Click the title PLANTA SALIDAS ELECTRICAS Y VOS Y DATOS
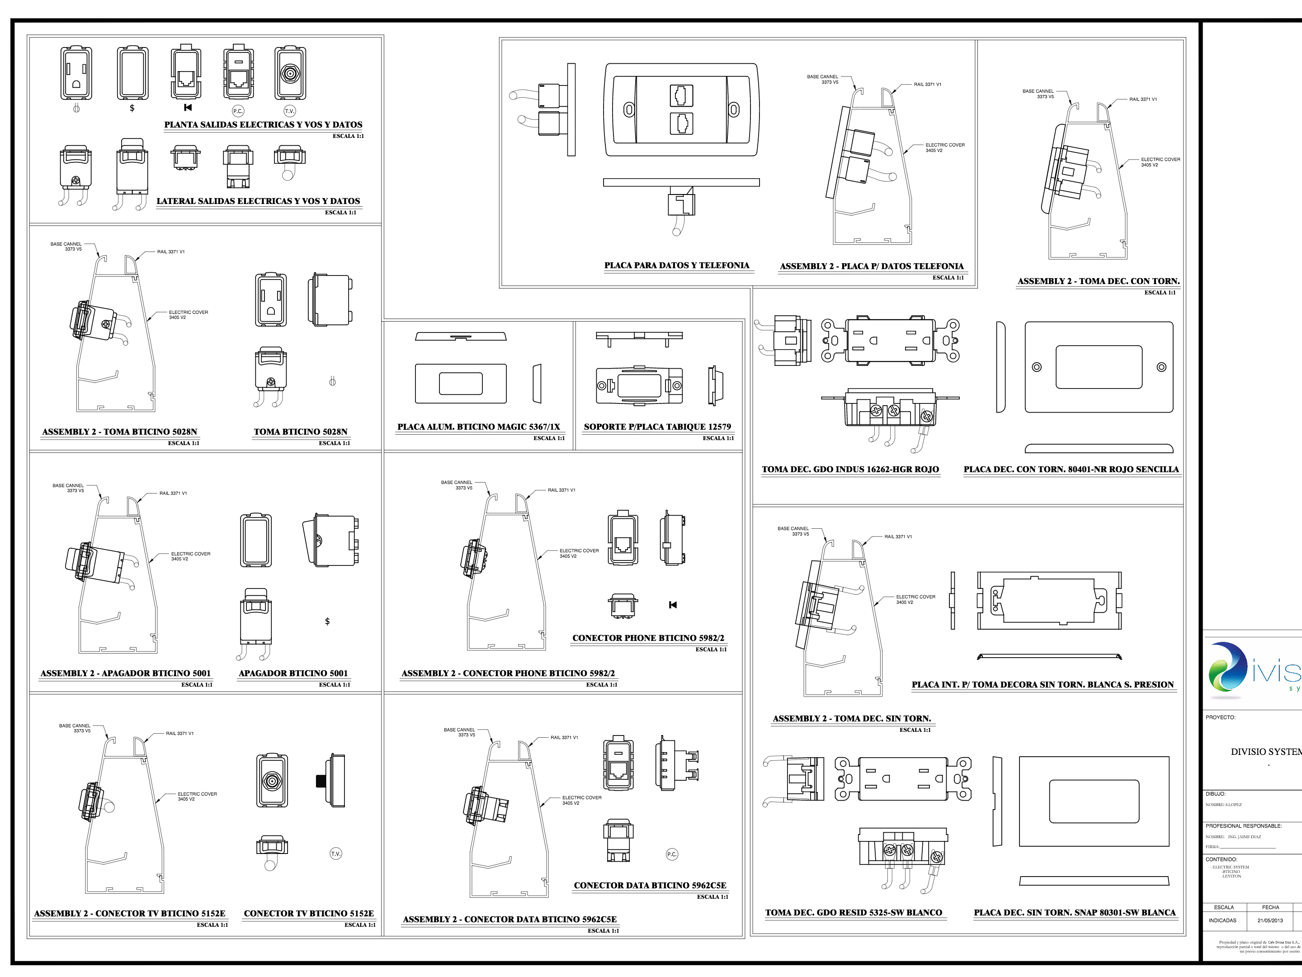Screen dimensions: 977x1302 263,125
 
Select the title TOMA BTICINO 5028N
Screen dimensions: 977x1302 300,432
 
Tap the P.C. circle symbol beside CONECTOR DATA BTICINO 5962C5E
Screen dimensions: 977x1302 672,854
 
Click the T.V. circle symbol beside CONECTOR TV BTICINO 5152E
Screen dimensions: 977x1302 335,854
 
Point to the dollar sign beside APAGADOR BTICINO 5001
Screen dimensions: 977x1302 327,621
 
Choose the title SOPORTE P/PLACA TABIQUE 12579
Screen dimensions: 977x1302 657,427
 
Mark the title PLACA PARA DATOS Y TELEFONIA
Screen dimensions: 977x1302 676,266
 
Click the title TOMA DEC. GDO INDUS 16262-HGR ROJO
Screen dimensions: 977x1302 850,470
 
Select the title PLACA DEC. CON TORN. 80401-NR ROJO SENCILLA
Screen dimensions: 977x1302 1071,470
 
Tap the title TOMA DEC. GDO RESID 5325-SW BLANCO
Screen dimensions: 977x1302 853,913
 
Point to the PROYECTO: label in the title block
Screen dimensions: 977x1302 1220,717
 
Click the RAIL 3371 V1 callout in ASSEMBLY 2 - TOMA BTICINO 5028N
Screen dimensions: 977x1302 171,252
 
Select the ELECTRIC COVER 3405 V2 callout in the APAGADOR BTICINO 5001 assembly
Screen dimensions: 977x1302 190,556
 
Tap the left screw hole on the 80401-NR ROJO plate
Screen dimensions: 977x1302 1037,367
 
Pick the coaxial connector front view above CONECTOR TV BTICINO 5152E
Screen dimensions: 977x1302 272,781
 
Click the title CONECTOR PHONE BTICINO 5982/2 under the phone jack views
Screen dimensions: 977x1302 648,638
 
